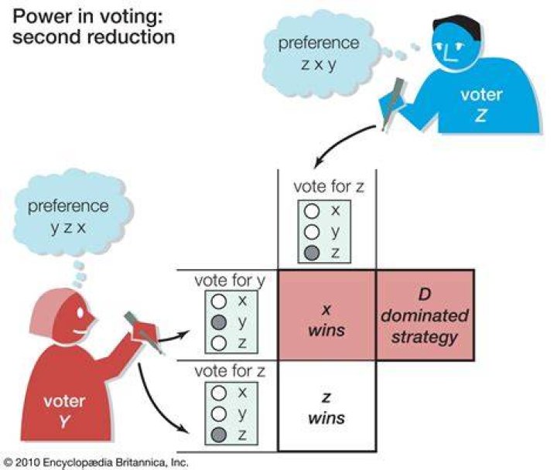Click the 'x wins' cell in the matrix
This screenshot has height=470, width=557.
(x=326, y=315)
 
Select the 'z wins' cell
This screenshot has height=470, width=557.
(x=326, y=406)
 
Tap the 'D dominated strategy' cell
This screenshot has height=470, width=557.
(x=425, y=315)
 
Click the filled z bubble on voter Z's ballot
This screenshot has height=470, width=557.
(x=312, y=253)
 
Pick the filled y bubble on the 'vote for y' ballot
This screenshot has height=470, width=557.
(x=219, y=322)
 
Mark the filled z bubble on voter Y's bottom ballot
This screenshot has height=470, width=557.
(x=219, y=434)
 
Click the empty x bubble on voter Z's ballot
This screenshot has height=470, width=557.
(x=312, y=211)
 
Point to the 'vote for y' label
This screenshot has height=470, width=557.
(x=230, y=281)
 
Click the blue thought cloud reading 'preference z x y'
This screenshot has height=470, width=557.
(x=318, y=53)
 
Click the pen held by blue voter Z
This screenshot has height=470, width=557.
(x=394, y=103)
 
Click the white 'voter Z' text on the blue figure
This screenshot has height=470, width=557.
(x=481, y=105)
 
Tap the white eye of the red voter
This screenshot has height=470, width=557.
(x=80, y=312)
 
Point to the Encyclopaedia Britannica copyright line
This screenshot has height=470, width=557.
(x=95, y=462)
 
